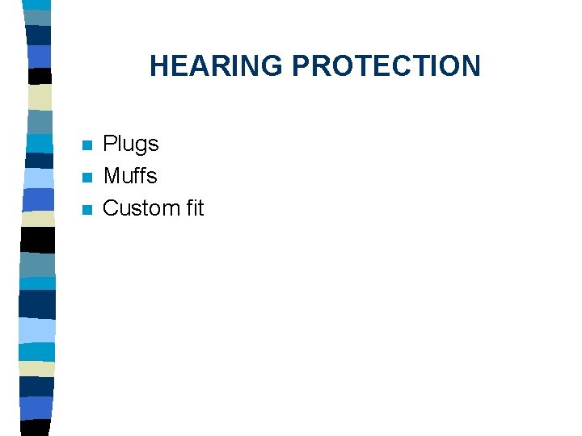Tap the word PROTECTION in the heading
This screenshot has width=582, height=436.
tap(386, 66)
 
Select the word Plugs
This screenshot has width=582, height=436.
tap(131, 145)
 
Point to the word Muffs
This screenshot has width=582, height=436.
tap(130, 176)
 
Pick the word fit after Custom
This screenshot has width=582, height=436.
tap(195, 208)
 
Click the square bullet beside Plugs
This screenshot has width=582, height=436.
tap(87, 146)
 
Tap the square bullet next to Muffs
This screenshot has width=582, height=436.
tap(87, 178)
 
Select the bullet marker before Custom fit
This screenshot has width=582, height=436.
tap(87, 210)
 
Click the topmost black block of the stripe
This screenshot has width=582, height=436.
tap(39, 76)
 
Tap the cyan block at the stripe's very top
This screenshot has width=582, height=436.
tap(37, 17)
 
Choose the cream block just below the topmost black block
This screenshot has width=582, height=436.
tap(39, 97)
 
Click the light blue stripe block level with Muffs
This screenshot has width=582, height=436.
tap(39, 178)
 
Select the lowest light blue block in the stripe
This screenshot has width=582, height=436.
tap(39, 330)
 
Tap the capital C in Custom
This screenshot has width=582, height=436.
tap(112, 208)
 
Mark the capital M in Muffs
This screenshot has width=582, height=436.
tap(112, 176)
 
